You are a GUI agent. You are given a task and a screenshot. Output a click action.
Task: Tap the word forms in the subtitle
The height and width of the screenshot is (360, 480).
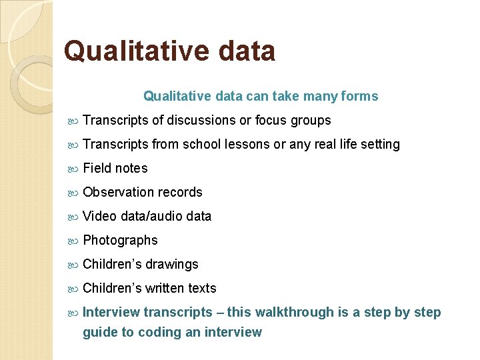click(359, 97)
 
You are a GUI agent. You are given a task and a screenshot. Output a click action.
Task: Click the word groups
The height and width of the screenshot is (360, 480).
click(310, 121)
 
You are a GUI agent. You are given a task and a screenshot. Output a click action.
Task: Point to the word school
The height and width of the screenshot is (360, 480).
click(203, 145)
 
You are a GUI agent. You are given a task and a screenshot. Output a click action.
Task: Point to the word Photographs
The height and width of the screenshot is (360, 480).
click(120, 241)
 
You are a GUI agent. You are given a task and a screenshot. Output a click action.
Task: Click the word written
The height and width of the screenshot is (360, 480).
click(163, 289)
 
